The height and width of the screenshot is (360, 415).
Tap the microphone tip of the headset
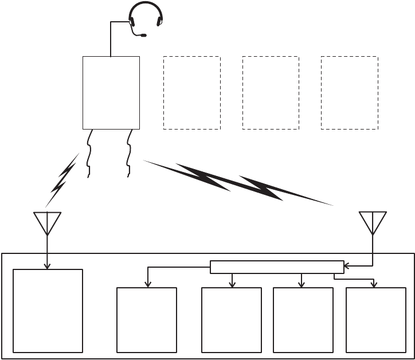pos(143,36)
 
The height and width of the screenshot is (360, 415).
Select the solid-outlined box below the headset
pos(111,92)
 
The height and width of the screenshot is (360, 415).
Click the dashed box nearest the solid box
pos(192,92)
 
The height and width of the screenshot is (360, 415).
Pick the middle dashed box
pos(271,92)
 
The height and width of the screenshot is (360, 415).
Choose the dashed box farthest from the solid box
pos(349,92)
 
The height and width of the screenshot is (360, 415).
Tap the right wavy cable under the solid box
pos(130,153)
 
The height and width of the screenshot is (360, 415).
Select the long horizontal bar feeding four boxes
pos(277,267)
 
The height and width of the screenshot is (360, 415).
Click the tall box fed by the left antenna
pos(48,311)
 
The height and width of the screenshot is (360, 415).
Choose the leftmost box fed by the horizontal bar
pos(147,319)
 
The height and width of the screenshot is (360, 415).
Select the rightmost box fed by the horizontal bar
pos(376,319)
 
